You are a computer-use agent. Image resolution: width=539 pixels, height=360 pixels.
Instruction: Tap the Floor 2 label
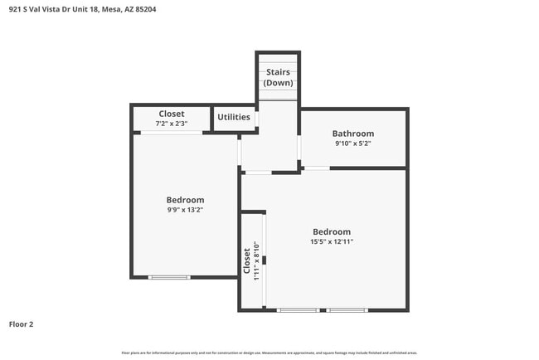click(x=21, y=324)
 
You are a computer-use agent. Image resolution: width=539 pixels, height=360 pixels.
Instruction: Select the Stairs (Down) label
click(x=278, y=78)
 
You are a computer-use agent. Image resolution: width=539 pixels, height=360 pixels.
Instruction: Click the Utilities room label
click(x=234, y=117)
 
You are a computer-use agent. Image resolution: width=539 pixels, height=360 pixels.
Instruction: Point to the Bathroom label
click(x=353, y=134)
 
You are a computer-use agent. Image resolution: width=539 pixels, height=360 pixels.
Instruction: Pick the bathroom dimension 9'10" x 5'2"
click(x=353, y=144)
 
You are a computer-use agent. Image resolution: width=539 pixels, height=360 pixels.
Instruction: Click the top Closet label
click(x=172, y=114)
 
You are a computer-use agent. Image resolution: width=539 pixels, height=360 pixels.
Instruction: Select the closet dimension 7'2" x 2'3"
click(x=172, y=124)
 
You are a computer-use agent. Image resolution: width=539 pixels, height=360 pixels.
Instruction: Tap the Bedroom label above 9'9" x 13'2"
click(x=185, y=200)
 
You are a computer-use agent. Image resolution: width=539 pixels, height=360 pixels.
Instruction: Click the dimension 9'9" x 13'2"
click(x=185, y=210)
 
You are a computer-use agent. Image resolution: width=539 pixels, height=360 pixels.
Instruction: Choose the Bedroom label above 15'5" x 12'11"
click(x=332, y=231)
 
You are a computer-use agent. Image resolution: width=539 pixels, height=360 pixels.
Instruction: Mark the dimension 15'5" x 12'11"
click(x=332, y=241)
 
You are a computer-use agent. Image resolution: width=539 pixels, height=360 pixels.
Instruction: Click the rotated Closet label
click(x=247, y=261)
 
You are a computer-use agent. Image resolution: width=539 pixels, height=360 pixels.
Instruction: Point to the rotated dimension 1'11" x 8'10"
click(x=257, y=261)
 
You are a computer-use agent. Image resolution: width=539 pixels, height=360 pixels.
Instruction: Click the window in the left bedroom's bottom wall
click(x=169, y=277)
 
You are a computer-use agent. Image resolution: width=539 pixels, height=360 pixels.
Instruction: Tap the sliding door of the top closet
click(x=171, y=133)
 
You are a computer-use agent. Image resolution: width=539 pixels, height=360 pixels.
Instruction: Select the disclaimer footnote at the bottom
click(x=269, y=353)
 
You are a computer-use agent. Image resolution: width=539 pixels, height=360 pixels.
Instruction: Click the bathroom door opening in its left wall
click(x=299, y=148)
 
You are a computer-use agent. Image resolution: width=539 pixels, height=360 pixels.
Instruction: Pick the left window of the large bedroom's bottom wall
click(x=298, y=310)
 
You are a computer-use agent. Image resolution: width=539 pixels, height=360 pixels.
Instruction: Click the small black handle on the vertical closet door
click(x=265, y=260)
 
